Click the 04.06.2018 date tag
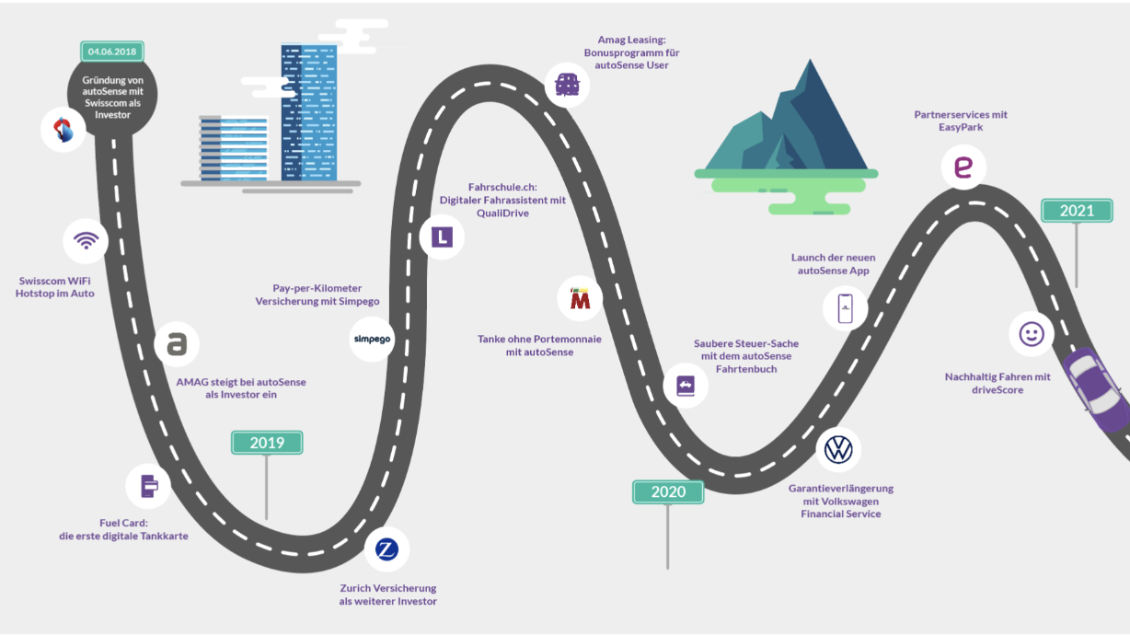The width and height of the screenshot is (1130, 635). tap(113, 52)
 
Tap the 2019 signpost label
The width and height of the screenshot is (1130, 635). tap(267, 443)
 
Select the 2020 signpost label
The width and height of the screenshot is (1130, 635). tap(668, 491)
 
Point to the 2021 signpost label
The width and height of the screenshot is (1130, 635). tap(1077, 211)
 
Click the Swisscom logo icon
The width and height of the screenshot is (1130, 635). tap(63, 131)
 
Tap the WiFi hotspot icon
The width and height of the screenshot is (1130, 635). tap(86, 242)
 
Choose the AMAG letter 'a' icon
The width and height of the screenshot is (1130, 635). tap(177, 344)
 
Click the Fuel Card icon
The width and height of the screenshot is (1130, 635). tap(149, 484)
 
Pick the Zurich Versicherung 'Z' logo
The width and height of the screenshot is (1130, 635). tap(387, 550)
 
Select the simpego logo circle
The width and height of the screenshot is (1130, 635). tap(373, 339)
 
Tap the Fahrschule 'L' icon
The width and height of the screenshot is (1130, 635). tap(442, 237)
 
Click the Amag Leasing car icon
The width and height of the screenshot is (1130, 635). tap(567, 86)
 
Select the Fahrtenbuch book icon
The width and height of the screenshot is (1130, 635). tap(686, 386)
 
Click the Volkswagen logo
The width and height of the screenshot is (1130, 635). tap(838, 450)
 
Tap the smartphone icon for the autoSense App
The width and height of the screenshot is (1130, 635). tap(846, 307)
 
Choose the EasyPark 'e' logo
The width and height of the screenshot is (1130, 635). tap(963, 167)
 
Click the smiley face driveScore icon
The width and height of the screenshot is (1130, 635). tap(1032, 334)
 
